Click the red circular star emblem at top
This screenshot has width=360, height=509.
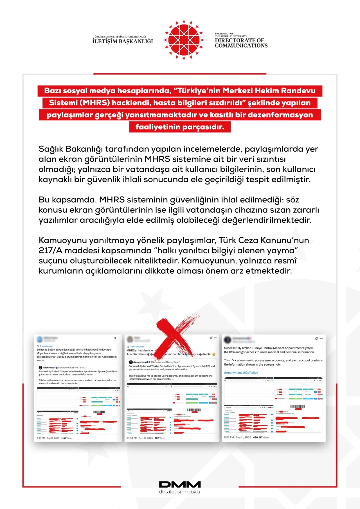pos(184,40)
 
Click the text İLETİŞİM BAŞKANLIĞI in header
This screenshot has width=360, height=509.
pos(123,42)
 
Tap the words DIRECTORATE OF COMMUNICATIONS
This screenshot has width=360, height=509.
pos(241,43)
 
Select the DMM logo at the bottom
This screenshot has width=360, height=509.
pos(180,484)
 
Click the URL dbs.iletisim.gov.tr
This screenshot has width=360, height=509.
pos(180,492)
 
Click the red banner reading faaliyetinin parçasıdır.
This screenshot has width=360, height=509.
pos(180,127)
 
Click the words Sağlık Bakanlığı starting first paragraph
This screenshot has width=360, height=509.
pos(71,149)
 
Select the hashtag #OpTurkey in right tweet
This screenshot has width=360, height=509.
pos(251,373)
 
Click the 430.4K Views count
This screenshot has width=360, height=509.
pos(261,437)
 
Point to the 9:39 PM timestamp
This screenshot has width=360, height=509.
pos(41,438)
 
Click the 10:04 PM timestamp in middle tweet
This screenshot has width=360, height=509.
pos(132,438)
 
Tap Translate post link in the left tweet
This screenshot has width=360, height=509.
pos(46,346)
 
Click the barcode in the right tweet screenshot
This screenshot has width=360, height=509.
pos(298,407)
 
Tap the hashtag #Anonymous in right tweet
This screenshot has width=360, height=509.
pos(233,373)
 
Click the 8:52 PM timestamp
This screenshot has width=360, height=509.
pos(229,437)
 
